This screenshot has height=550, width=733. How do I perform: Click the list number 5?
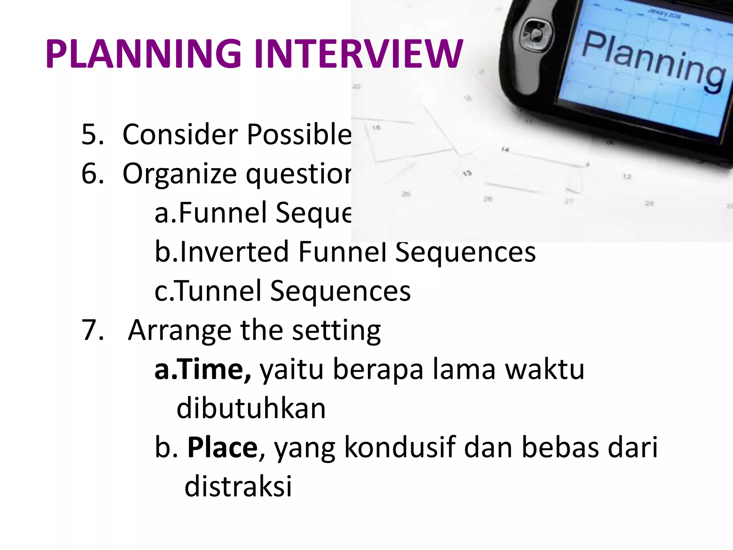click(92, 135)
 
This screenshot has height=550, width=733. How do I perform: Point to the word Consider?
click(180, 135)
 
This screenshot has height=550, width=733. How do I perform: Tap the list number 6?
click(92, 174)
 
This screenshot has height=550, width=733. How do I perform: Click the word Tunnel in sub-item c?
click(218, 291)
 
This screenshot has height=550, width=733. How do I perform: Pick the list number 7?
click(92, 330)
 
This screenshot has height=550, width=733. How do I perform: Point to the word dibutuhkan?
click(251, 409)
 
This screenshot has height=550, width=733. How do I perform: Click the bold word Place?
click(222, 448)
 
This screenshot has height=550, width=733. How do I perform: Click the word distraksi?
click(238, 487)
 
